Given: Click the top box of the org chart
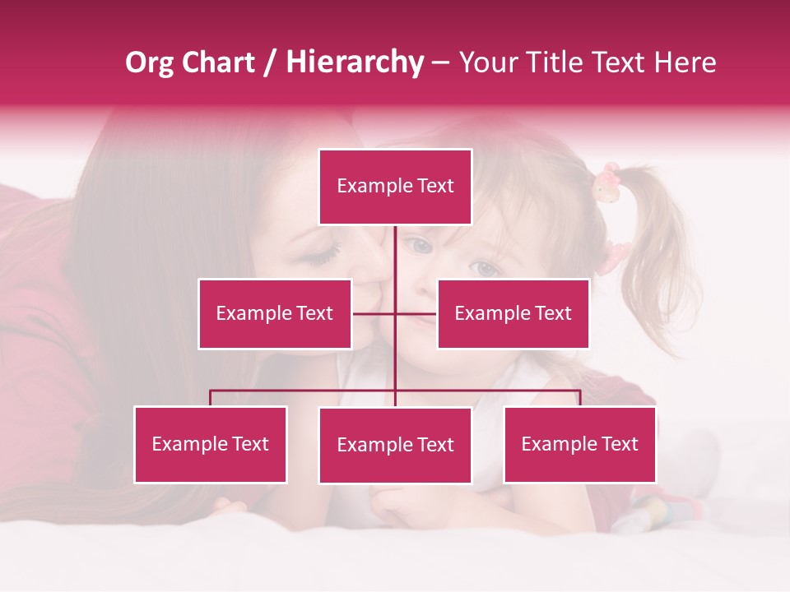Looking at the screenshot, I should click(x=395, y=187).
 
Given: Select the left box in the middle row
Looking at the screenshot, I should click(x=275, y=313).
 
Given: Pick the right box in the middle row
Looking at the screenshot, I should click(x=513, y=313).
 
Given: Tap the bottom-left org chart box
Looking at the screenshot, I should click(x=211, y=444).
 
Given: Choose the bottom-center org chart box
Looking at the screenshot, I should click(x=395, y=445).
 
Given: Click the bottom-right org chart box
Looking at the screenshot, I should click(x=579, y=444).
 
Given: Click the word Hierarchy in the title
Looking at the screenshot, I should click(x=355, y=62).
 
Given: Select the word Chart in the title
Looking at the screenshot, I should click(x=219, y=62).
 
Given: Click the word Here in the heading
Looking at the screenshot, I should click(x=685, y=62).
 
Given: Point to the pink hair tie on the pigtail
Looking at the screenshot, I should click(x=607, y=183).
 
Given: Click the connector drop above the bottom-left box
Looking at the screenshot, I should click(x=211, y=398).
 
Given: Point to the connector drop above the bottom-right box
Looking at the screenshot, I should click(x=580, y=398).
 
